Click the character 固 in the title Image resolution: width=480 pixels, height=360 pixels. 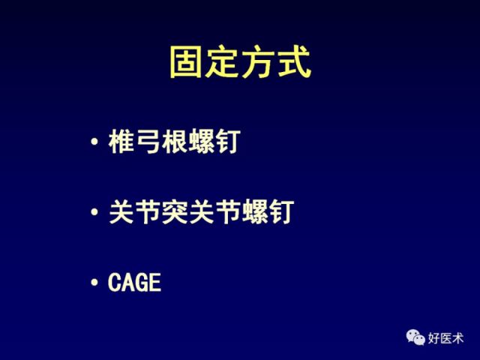(185, 62)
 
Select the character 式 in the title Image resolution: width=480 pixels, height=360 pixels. (295, 62)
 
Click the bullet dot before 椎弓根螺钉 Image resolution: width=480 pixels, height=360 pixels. (94, 142)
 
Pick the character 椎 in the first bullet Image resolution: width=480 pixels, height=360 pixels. (121, 141)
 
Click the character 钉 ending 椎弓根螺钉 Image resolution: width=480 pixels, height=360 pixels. (228, 141)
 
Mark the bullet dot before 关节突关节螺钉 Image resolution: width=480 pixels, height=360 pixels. (94, 211)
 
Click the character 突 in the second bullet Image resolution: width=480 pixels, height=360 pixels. (175, 211)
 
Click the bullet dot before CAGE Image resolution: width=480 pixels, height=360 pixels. (94, 282)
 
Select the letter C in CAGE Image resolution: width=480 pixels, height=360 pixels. (115, 282)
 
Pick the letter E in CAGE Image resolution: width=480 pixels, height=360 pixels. (155, 282)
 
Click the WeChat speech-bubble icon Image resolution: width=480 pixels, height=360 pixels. (415, 337)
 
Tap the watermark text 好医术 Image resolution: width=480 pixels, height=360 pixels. (445, 338)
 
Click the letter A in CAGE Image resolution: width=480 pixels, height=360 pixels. (128, 282)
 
